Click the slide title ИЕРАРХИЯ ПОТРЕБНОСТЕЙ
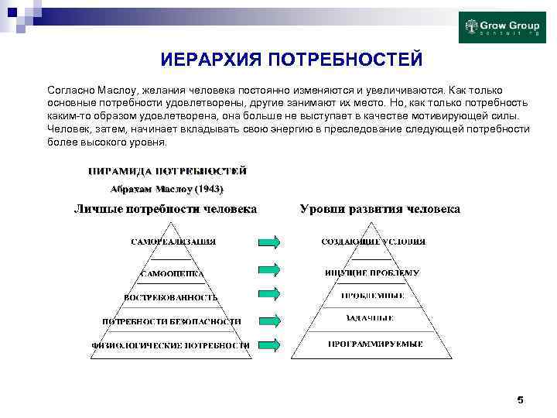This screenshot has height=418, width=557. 292,60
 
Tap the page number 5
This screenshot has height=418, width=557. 520,399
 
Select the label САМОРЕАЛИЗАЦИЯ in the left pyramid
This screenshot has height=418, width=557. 173,242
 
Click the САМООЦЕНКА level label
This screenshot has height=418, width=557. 172,273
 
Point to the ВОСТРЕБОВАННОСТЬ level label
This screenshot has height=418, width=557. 171,296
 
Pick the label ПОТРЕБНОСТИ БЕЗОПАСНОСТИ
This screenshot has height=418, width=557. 172,320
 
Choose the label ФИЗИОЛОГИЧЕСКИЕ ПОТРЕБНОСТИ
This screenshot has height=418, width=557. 171,344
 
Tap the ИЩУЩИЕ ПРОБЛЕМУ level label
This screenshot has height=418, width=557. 372,272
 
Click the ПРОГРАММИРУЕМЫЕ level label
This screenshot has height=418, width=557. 375,343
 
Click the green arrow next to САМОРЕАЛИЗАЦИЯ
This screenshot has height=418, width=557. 269,242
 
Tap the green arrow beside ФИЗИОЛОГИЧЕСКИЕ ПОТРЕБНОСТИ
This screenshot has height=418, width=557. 269,344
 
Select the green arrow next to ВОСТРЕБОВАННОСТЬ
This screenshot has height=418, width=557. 269,295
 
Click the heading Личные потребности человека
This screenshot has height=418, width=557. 166,209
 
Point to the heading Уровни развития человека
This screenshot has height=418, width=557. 380,209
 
